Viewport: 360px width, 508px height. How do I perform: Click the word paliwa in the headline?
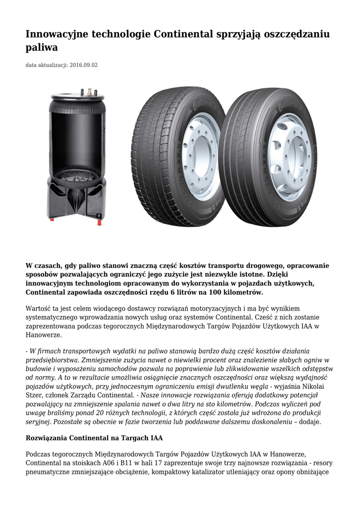pyautogui.click(x=42, y=48)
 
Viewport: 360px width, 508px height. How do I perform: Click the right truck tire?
pyautogui.click(x=268, y=156)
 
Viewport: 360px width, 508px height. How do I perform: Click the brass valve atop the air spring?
pyautogui.click(x=90, y=92)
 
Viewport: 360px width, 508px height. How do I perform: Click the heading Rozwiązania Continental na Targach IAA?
pyautogui.click(x=94, y=438)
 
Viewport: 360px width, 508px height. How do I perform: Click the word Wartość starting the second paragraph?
pyautogui.click(x=39, y=309)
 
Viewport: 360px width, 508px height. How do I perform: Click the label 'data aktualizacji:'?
pyautogui.click(x=46, y=65)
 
